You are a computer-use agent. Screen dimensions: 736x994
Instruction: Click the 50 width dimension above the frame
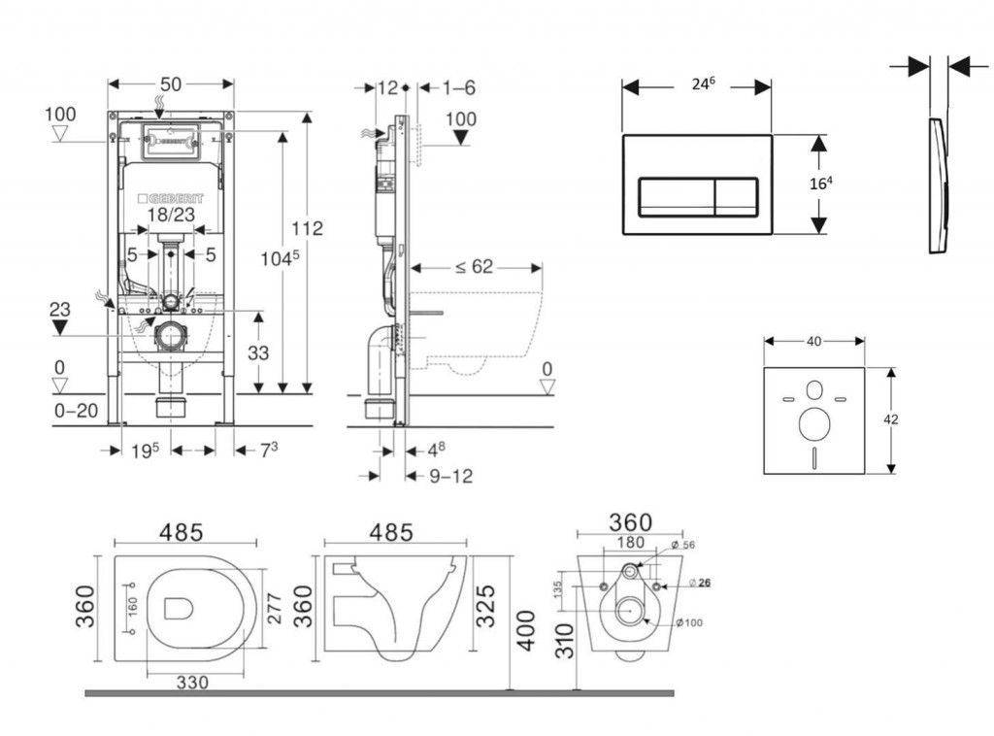[x=170, y=84]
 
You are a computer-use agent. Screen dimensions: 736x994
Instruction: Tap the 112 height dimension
[x=308, y=229]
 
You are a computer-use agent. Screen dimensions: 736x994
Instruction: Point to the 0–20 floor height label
[x=76, y=412]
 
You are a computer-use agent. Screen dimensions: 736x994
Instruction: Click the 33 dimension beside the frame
[x=257, y=353]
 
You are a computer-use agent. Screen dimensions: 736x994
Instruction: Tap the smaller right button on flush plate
[x=736, y=197]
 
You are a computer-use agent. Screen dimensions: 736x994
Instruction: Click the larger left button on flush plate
[x=676, y=197]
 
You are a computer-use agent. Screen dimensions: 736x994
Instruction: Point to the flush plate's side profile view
[x=938, y=184]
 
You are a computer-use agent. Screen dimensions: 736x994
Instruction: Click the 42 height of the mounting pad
[x=892, y=419]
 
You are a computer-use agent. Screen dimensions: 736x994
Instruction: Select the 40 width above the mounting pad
[x=814, y=341]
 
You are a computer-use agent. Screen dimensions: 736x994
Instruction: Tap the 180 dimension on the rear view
[x=632, y=543]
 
